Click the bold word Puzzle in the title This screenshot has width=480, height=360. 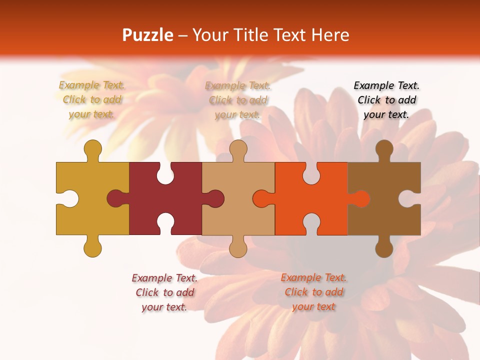coord(148,35)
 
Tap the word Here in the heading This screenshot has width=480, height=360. coord(329,35)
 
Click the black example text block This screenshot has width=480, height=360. coord(386,100)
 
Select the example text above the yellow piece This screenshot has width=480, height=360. coord(92,100)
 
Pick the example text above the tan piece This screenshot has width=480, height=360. coord(238,100)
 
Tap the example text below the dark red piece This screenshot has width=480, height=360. coord(164,292)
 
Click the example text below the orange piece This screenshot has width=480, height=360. coord(313,292)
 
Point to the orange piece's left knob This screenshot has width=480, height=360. coord(261,198)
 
